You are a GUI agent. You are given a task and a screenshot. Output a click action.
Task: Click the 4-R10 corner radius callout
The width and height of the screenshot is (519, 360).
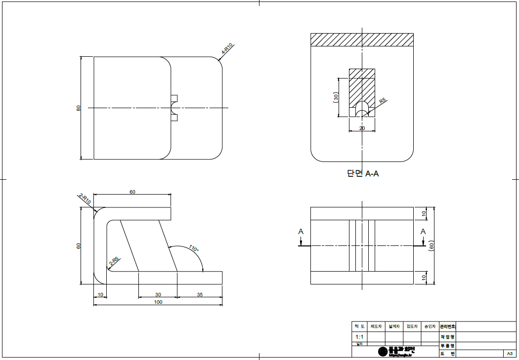[227, 48]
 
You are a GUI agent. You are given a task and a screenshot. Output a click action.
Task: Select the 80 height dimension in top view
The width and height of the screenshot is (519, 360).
[78, 108]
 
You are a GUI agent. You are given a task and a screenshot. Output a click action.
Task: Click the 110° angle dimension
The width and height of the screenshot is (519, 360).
[193, 249]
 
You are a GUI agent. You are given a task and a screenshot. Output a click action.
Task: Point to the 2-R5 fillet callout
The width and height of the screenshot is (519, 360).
[114, 261]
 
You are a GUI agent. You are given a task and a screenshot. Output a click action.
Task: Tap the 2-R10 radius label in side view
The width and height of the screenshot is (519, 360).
[85, 200]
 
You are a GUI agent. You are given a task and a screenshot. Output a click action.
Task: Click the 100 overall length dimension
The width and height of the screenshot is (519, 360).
[158, 302]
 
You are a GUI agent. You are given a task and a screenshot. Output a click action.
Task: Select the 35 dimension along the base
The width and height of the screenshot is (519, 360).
[200, 294]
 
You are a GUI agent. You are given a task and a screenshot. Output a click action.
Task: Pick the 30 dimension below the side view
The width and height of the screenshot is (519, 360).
[158, 294]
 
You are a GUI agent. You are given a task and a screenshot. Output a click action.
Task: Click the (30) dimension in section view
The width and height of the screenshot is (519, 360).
[336, 97]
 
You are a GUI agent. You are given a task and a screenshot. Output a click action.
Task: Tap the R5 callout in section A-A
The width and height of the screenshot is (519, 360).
[382, 101]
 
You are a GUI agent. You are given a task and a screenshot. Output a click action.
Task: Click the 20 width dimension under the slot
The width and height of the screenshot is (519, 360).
[362, 128]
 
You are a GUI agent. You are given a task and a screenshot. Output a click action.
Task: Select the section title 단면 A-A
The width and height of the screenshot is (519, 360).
[363, 173]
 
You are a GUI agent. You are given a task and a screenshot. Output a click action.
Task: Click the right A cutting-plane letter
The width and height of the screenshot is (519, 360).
[423, 232]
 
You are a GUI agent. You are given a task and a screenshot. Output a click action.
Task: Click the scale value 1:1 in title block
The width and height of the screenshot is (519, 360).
[359, 336]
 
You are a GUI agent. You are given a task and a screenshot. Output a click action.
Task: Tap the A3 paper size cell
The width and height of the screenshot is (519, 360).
[509, 354]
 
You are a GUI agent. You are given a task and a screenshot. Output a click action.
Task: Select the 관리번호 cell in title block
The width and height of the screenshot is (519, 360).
[447, 326]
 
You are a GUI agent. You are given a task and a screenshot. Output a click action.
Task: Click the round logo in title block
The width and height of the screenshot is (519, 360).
[383, 351]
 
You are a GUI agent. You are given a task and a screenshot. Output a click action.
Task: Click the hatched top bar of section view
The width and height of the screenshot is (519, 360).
[362, 40]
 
